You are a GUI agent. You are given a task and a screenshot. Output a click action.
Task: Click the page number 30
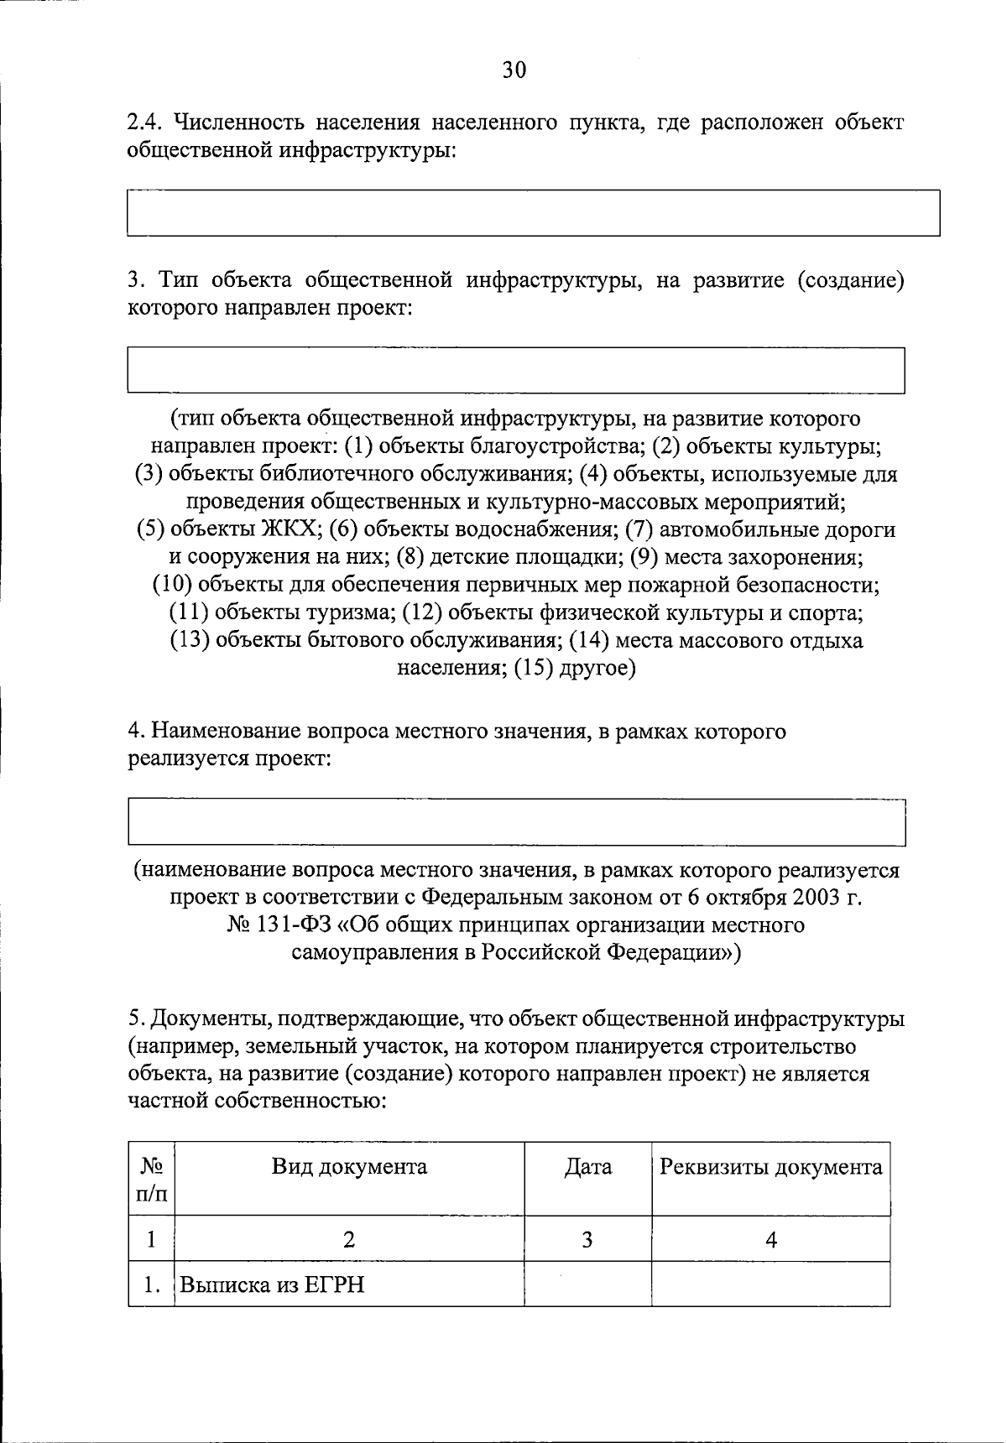514,70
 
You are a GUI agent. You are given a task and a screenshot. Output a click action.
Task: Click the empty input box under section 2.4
533,213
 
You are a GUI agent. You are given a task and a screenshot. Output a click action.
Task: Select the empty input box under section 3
515,370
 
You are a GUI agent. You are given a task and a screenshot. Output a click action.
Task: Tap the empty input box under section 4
516,823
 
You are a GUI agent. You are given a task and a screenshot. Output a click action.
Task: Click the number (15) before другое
535,669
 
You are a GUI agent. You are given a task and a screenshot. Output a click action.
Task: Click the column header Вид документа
349,1167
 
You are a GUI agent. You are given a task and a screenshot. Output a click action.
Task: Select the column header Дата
588,1167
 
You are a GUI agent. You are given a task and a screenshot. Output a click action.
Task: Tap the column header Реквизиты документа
770,1167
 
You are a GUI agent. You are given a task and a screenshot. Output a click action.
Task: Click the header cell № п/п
151,1179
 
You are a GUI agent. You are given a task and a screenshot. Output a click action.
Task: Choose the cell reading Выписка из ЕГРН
274,1284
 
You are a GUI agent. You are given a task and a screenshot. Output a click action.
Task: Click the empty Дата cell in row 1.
588,1284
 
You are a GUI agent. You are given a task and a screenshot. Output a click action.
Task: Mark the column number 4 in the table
771,1239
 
